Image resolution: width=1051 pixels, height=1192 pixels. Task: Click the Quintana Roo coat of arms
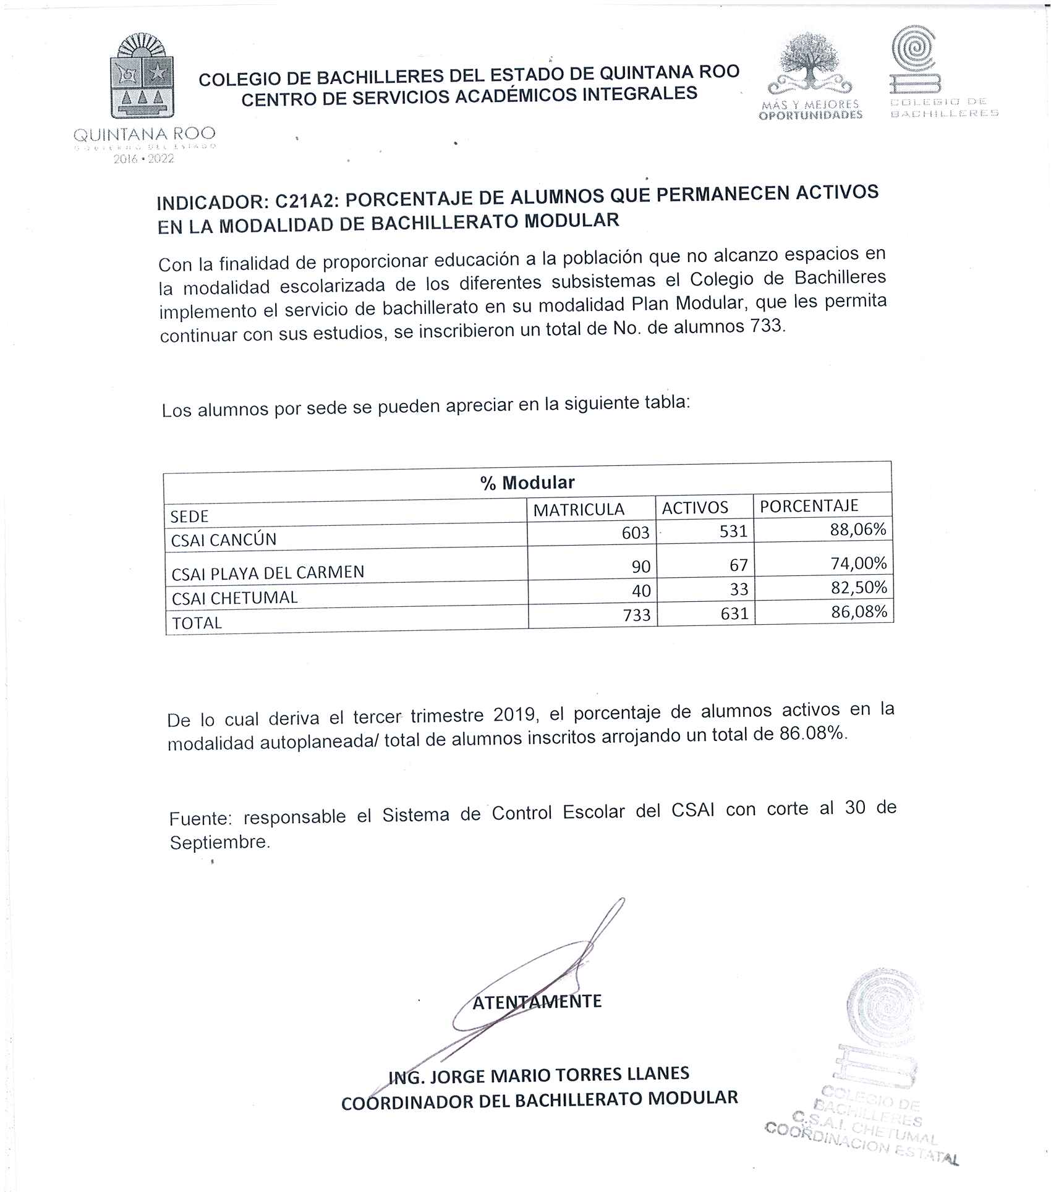142,77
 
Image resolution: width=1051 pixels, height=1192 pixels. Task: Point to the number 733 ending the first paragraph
767,326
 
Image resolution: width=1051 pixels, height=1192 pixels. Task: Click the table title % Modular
527,483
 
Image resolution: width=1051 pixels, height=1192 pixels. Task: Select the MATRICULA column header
579,510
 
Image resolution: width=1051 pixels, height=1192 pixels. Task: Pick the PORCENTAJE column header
809,506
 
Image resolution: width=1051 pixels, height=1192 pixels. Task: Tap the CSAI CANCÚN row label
224,539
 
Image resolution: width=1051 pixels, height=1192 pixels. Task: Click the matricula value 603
636,533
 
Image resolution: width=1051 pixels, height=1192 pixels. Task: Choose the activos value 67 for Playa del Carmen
738,565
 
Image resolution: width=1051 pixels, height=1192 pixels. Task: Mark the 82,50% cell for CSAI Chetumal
858,587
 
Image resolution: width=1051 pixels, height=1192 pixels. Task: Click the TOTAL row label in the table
197,623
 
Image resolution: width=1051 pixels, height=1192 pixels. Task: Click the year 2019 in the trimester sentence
514,714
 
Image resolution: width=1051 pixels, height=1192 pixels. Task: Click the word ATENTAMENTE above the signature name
537,1002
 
